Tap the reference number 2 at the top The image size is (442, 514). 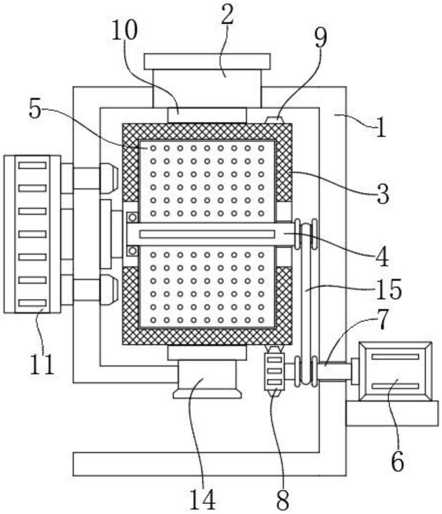point(227,14)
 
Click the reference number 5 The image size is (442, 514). point(35,110)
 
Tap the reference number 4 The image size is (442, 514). point(382,257)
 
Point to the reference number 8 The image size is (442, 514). point(282,500)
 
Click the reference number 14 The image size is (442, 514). point(202,500)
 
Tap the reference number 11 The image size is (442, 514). point(42,363)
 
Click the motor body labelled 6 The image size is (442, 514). point(395,371)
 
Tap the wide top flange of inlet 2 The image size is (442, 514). point(207,62)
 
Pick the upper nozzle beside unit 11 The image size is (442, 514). point(109,178)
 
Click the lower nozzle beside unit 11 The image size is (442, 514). point(109,289)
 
